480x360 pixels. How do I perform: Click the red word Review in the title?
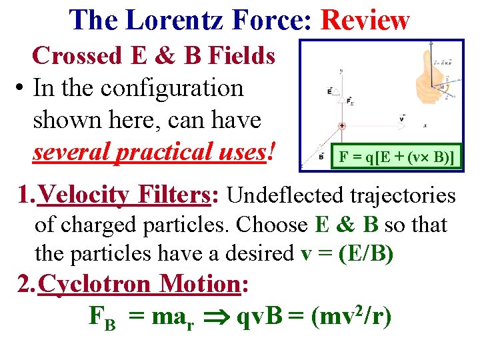pos(365,20)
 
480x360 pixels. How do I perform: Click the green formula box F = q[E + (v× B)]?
pos(397,157)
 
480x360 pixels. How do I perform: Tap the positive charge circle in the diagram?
pos(342,125)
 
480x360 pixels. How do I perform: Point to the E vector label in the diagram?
pos(330,90)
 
